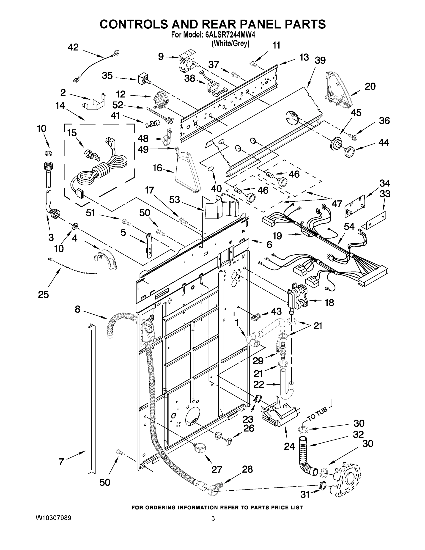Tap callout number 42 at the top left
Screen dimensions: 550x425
(x=73, y=47)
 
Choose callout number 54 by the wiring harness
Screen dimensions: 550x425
(x=349, y=227)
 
